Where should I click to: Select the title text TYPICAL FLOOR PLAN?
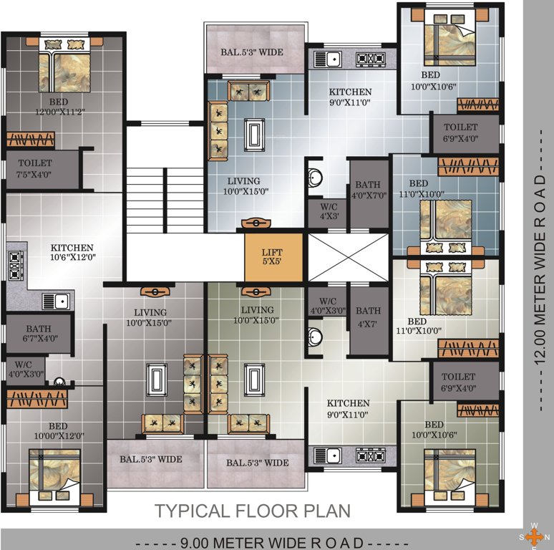pyautogui.click(x=253, y=511)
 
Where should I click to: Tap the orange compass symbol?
pyautogui.click(x=533, y=536)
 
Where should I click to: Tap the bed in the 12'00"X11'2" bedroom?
pyautogui.click(x=64, y=67)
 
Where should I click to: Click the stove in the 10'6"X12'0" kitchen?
pyautogui.click(x=15, y=266)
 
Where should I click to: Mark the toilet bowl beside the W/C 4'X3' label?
pyautogui.click(x=316, y=177)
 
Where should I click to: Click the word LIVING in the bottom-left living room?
pyautogui.click(x=150, y=312)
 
